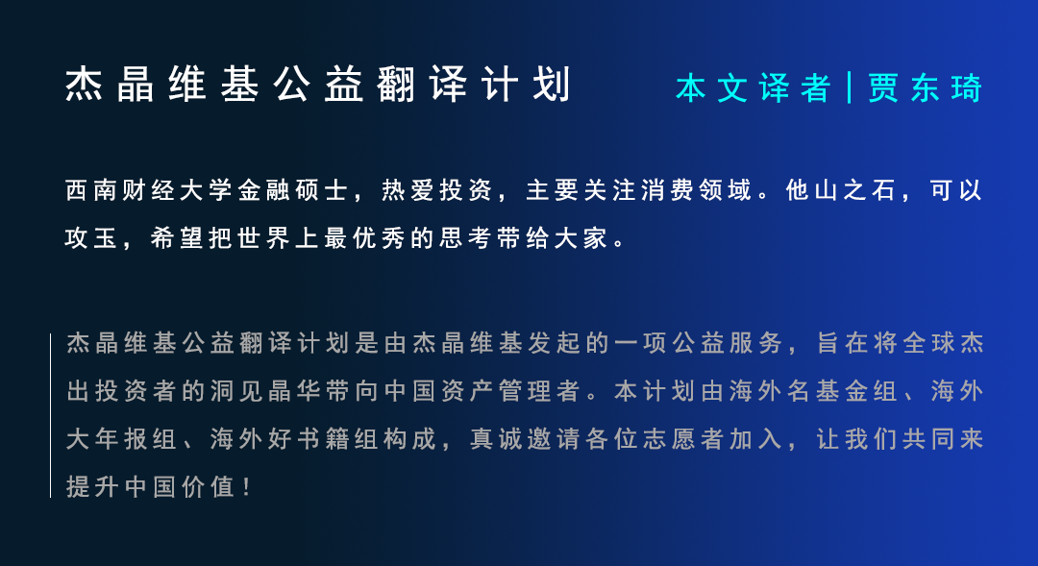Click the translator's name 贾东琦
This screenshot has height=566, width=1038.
coord(926,88)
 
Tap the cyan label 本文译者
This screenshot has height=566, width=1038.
coord(753,88)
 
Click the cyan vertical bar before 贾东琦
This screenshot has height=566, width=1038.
coord(850,88)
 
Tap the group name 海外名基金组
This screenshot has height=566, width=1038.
coord(803,392)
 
